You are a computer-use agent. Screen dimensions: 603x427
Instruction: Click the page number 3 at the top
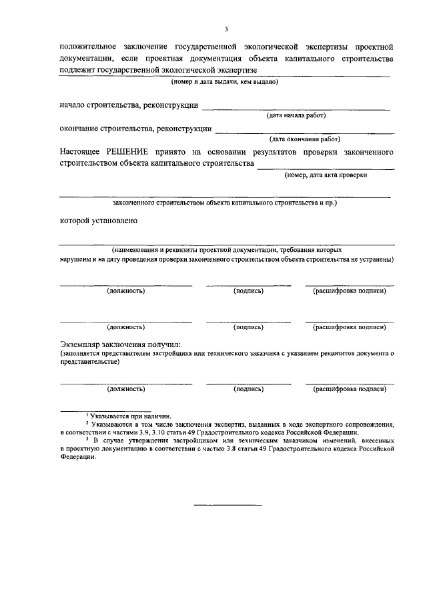tap(226, 29)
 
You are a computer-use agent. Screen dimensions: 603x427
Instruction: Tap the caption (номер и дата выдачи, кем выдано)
tap(224, 81)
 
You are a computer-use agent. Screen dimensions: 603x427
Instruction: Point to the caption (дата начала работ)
tap(296, 115)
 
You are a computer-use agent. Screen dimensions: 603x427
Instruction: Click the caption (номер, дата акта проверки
tap(325, 175)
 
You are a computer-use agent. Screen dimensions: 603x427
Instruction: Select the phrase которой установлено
tap(99, 221)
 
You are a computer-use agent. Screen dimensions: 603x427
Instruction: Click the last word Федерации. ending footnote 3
tap(77, 466)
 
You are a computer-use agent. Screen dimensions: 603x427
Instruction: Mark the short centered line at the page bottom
tap(228, 504)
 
